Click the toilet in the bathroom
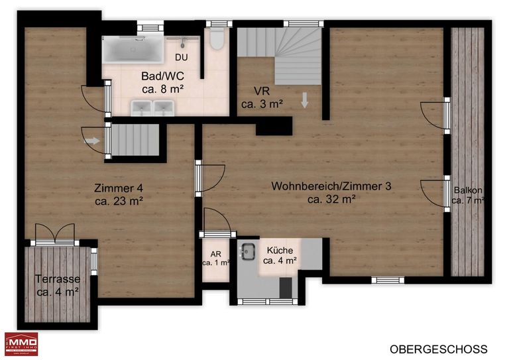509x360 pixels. pos(217,39)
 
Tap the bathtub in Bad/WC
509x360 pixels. pos(133,49)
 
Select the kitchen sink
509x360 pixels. pos(248,251)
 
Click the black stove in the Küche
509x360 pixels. pos(286,288)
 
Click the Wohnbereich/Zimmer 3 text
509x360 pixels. pos(331,186)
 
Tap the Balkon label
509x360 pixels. pos(468,190)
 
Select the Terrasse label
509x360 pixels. pos(58,279)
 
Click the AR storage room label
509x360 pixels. pos(215,254)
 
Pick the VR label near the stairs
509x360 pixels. pos(262,91)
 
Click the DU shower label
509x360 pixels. pos(182,58)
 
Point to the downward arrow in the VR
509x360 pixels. pos(304,100)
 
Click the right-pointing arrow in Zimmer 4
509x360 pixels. pos(92,141)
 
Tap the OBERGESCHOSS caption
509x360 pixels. pos(439,349)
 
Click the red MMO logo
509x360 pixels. pos(21,344)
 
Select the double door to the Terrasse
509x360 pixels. pos(55,235)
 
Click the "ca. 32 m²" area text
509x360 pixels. pos(331,199)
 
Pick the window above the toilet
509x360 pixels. pos(219,24)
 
